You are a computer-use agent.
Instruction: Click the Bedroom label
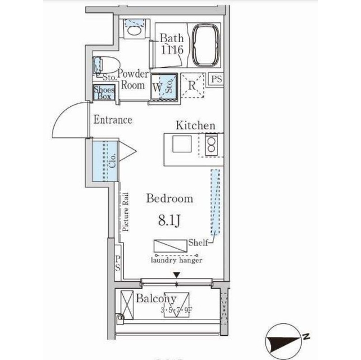170,199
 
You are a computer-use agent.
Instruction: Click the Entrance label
113,120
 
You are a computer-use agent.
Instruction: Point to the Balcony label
156,299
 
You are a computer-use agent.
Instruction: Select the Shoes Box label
104,93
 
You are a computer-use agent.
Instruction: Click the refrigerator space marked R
192,86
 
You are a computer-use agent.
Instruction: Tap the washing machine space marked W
157,87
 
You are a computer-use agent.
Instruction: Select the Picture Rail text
126,212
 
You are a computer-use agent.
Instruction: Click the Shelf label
198,242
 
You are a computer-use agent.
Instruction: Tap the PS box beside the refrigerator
216,79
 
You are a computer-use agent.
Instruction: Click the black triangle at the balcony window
177,274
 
